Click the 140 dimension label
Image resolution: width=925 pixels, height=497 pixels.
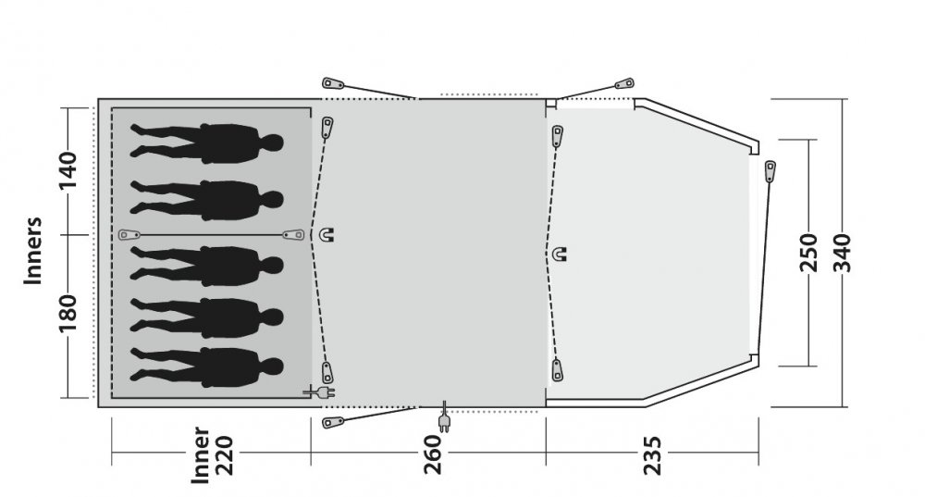click(68, 170)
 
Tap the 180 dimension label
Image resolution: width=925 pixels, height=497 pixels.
click(68, 313)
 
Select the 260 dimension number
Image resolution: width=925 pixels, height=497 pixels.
click(432, 454)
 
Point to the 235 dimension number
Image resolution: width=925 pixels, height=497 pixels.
click(652, 455)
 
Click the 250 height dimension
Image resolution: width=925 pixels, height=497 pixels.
click(808, 253)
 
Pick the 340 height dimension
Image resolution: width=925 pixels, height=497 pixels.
click(843, 253)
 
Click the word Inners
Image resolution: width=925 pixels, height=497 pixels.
click(33, 251)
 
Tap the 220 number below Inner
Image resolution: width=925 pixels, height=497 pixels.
click(225, 455)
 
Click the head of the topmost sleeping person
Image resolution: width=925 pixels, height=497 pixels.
click(272, 143)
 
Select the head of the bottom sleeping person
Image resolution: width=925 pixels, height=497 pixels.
click(272, 367)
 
